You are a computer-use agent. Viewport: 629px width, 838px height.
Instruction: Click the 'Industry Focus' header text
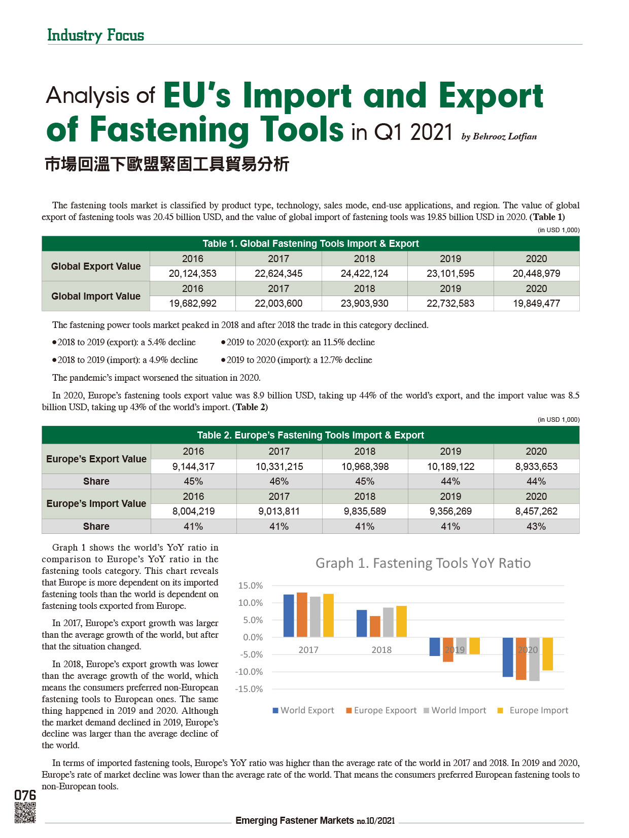(x=95, y=35)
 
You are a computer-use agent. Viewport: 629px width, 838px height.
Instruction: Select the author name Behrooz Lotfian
(x=499, y=136)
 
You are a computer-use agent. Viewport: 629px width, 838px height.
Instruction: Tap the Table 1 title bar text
(x=310, y=243)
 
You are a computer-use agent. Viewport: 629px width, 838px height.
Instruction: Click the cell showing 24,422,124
(x=364, y=274)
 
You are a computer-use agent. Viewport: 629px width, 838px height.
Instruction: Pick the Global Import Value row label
(x=96, y=296)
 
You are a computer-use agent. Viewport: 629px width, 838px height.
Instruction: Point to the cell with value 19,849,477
(x=536, y=304)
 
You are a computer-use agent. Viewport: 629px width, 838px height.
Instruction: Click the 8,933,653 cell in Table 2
(x=536, y=466)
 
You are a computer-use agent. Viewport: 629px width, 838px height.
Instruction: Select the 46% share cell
(x=279, y=481)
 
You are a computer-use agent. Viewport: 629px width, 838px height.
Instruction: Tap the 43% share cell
(x=536, y=526)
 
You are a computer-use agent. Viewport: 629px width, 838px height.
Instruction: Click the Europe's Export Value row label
(x=96, y=459)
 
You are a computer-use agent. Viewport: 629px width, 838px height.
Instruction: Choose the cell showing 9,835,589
(x=365, y=511)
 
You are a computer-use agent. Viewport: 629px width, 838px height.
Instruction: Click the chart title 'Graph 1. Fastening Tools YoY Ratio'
(x=423, y=563)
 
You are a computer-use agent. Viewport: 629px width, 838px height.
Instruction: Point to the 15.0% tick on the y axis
(x=251, y=586)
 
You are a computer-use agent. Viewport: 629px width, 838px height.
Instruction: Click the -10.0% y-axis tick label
(x=249, y=672)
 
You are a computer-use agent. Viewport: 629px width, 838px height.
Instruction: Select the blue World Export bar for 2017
(x=289, y=615)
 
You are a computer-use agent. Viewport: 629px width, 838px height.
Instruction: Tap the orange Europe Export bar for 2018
(x=375, y=627)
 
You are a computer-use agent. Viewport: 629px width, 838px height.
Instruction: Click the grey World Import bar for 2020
(x=534, y=659)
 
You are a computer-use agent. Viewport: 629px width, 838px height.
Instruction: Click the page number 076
(x=25, y=795)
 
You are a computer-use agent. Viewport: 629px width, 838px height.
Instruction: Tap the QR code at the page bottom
(x=25, y=813)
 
